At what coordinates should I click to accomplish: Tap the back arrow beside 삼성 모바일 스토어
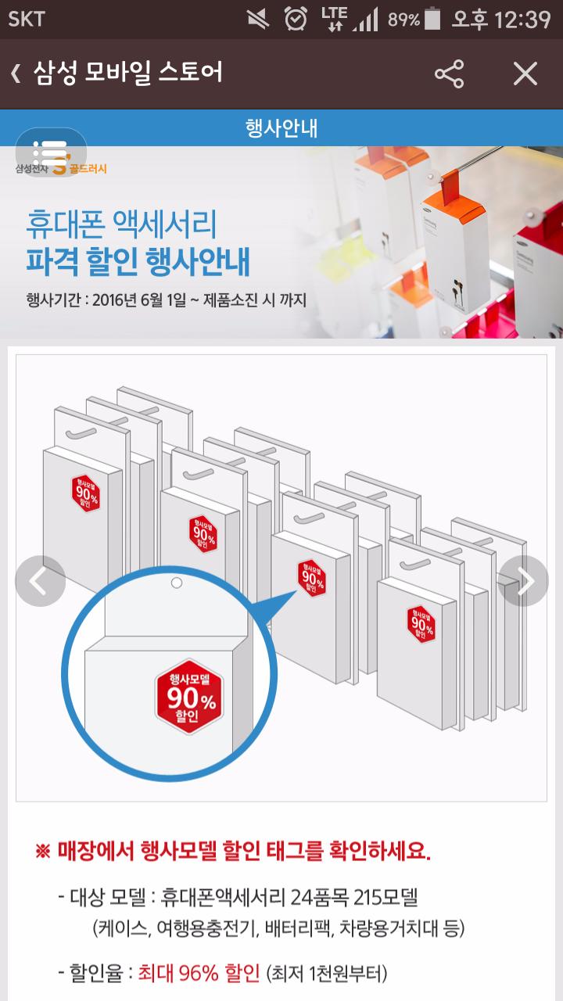[16, 74]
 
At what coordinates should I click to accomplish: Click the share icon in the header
[449, 74]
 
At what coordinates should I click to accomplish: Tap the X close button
[525, 74]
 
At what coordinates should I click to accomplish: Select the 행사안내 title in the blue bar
[281, 127]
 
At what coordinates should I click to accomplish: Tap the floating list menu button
[51, 152]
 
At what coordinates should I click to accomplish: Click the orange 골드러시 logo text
[88, 168]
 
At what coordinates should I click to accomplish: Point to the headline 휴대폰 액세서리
[121, 224]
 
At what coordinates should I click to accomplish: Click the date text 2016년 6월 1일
[139, 300]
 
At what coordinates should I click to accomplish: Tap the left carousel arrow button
[40, 581]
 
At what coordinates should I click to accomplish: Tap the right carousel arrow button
[523, 581]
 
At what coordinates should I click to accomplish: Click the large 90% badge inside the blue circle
[189, 696]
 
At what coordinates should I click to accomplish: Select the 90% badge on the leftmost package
[85, 493]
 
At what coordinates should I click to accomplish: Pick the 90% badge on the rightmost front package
[421, 624]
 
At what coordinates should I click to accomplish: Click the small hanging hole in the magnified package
[177, 583]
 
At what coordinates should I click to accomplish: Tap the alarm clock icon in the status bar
[296, 19]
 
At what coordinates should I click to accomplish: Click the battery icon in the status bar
[432, 18]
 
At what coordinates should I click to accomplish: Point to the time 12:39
[522, 20]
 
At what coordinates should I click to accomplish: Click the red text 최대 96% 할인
[199, 973]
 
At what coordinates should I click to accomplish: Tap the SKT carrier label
[27, 20]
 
